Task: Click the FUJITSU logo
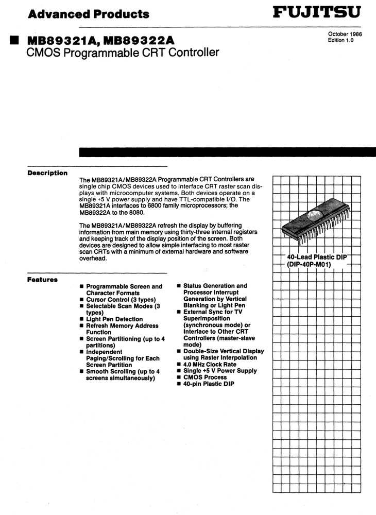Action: click(x=316, y=12)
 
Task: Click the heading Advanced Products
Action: click(x=89, y=14)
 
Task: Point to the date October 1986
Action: click(x=345, y=34)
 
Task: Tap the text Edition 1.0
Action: click(x=340, y=40)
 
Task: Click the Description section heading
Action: click(x=47, y=173)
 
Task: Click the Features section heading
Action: click(x=42, y=280)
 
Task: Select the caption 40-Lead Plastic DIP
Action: click(x=317, y=256)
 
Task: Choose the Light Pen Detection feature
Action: click(x=114, y=319)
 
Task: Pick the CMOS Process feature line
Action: click(x=204, y=377)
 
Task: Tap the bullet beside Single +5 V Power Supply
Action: click(x=179, y=371)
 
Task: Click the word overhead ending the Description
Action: click(x=93, y=259)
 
